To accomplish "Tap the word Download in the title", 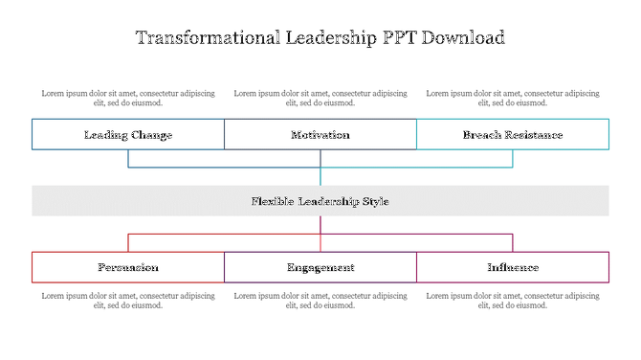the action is [458, 38].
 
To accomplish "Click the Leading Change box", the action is [128, 135].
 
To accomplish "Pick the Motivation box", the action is [320, 135].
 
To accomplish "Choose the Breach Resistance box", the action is [513, 135].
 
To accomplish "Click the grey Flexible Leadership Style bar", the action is [320, 201].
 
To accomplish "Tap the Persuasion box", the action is [128, 267].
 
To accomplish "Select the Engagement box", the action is [320, 267].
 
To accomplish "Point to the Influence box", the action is [513, 267].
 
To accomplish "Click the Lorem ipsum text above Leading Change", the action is [128, 99].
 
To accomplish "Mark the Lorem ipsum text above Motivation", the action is [320, 99].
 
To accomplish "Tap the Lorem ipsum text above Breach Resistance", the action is [513, 99].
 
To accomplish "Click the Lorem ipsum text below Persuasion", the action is [128, 301].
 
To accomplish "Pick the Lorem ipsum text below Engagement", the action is [320, 301].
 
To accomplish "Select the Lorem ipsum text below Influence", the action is [513, 301].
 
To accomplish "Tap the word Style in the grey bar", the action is [374, 201].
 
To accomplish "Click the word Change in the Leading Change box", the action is [151, 135].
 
